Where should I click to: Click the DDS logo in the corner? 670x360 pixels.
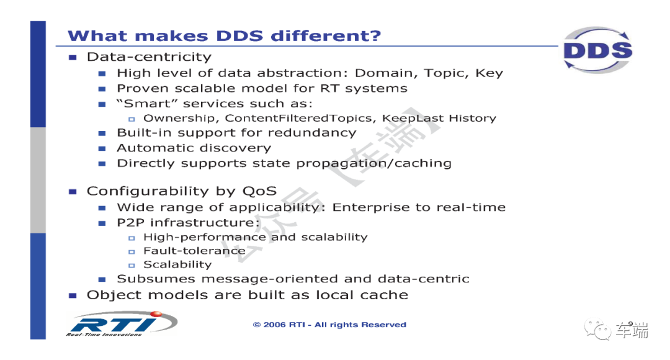[x=597, y=50]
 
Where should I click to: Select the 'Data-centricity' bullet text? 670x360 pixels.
[x=149, y=57]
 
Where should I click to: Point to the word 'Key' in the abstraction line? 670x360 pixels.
[x=489, y=73]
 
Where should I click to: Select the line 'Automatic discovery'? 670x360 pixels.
[x=194, y=148]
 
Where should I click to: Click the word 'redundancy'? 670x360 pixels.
[x=318, y=133]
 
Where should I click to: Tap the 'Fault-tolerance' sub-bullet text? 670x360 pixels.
[x=194, y=251]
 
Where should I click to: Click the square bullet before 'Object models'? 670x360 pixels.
[x=73, y=295]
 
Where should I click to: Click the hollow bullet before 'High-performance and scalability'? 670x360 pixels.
[x=132, y=238]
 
